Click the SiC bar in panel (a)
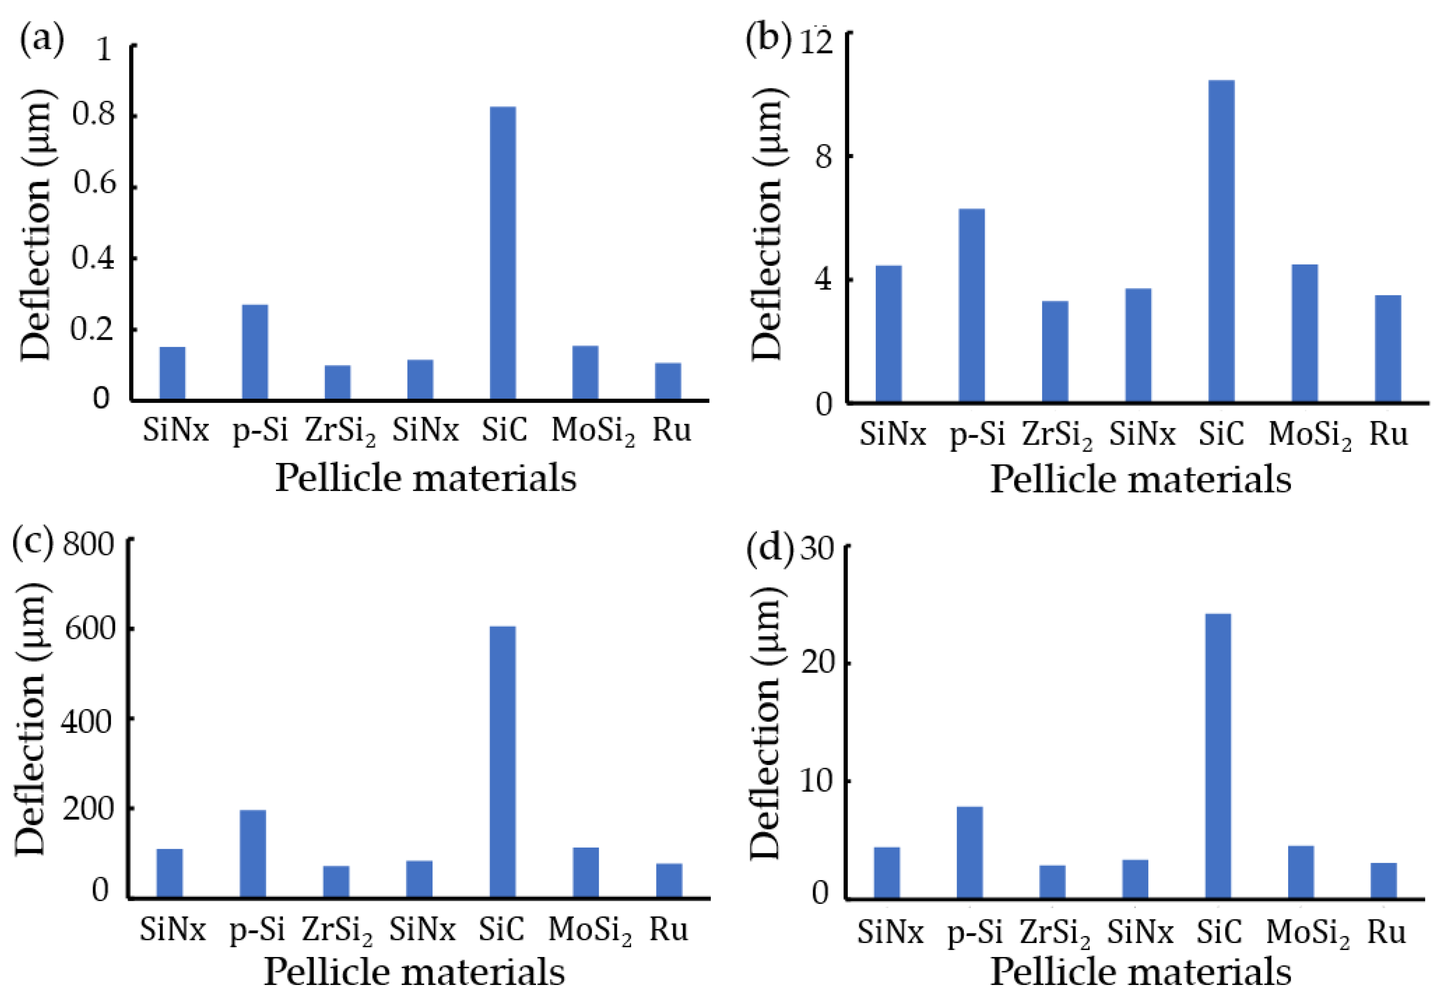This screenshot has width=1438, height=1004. click(503, 253)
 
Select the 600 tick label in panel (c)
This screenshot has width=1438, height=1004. click(90, 628)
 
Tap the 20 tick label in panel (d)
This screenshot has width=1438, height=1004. click(818, 663)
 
